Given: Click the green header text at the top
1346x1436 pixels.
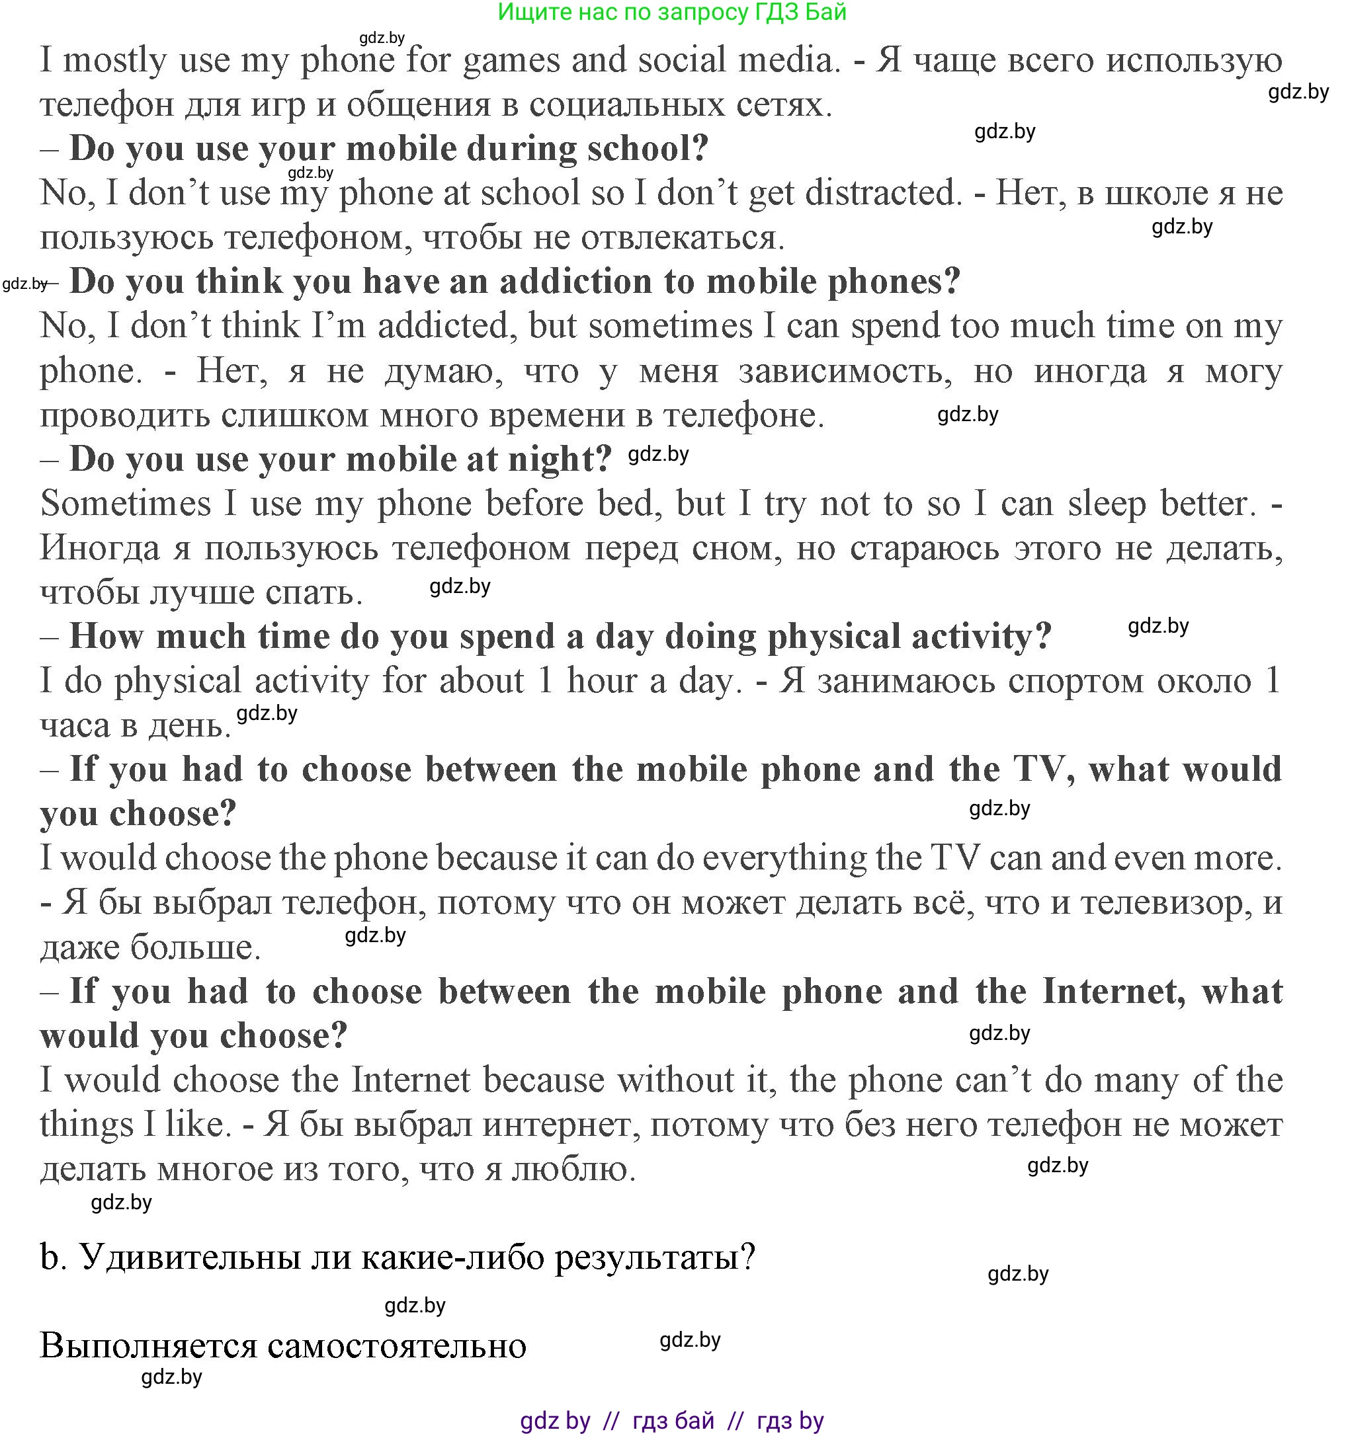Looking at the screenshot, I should [x=672, y=13].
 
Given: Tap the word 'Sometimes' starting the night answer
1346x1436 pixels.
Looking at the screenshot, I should [x=126, y=504].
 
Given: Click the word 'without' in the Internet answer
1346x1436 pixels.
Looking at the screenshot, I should [x=675, y=1080].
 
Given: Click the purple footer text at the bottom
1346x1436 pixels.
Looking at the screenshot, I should [x=672, y=1421].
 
